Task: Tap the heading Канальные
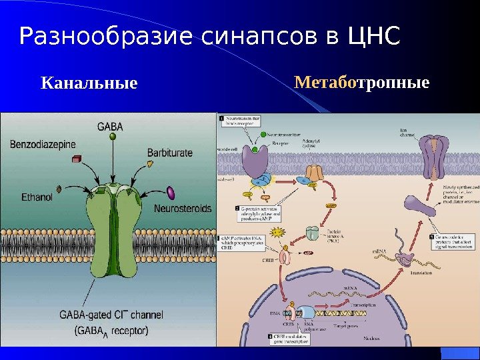coord(89,85)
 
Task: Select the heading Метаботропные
coord(361,84)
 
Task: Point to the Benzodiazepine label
coord(43,143)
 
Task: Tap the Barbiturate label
coord(170,153)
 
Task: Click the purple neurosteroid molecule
coord(171,193)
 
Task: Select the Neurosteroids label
coord(183,209)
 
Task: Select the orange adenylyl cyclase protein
coord(313,175)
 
